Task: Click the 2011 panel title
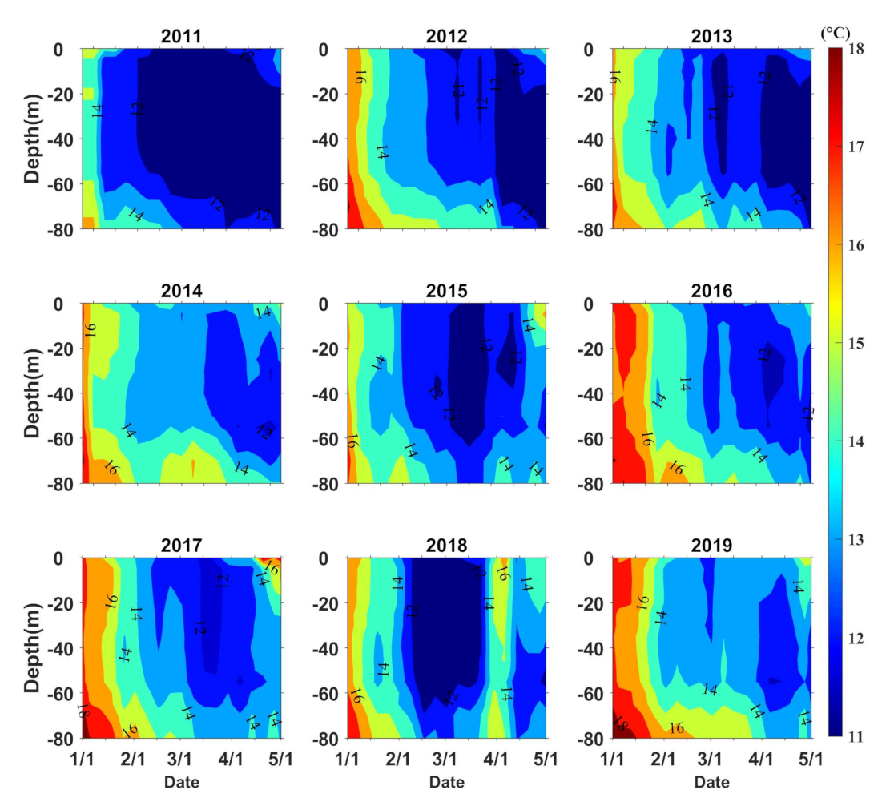click(x=182, y=35)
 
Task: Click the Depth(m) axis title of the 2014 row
click(x=32, y=393)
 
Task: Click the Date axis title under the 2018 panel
click(x=447, y=781)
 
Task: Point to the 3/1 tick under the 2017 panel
click(x=182, y=758)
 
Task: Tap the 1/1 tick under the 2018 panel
click(x=347, y=758)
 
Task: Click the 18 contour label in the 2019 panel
click(x=620, y=723)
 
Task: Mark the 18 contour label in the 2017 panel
click(x=83, y=711)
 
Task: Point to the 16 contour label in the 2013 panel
click(x=614, y=77)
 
